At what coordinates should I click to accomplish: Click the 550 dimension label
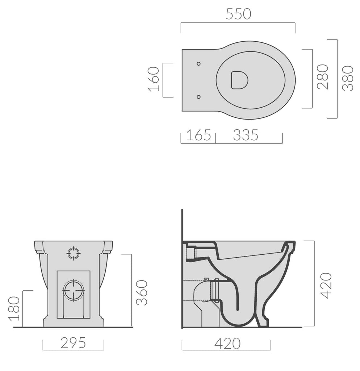238,14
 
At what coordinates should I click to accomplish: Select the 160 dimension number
154,79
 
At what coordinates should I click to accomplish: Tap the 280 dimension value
322,77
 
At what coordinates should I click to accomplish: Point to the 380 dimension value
348,78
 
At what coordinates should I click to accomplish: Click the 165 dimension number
198,135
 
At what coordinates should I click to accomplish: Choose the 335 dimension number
246,135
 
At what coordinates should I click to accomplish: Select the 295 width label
73,342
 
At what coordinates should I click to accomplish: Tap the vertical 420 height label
326,285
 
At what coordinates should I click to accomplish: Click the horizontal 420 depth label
227,343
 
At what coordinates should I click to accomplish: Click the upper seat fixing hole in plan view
198,64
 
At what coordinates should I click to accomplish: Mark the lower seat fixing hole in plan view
198,97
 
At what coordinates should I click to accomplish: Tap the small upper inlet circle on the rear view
74,253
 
